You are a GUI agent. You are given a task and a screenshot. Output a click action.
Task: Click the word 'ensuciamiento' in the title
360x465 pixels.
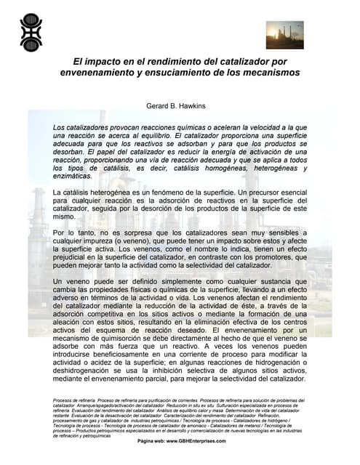tap(187, 73)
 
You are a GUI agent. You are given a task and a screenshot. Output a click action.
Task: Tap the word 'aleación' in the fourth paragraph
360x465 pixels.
tap(71, 321)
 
